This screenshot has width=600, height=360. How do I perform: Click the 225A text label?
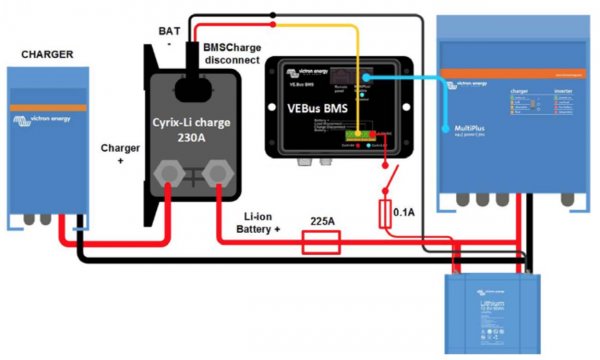click(x=322, y=218)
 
